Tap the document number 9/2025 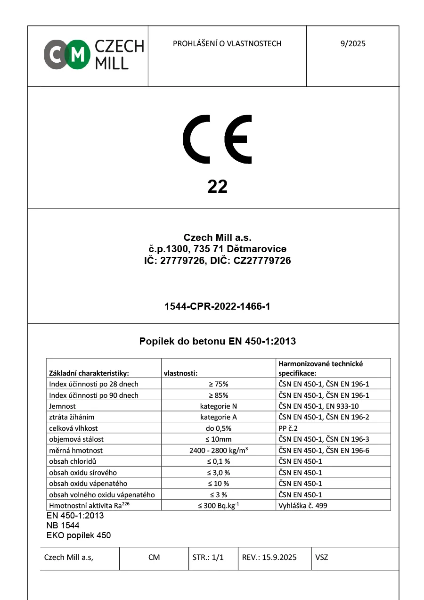[x=353, y=44]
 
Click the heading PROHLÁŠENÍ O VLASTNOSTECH [x=227, y=44]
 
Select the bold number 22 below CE [x=217, y=187]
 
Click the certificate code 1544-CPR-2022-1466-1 [x=217, y=307]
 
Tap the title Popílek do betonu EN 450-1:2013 [x=217, y=341]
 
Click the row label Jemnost [x=62, y=406]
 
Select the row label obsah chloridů [x=76, y=461]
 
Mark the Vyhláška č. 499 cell [x=303, y=506]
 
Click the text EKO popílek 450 [x=78, y=535]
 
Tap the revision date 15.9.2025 [x=269, y=557]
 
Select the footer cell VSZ [x=322, y=557]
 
